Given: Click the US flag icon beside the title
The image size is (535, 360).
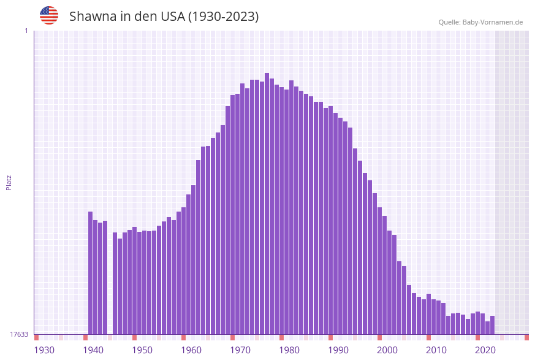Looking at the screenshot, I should click(x=49, y=15).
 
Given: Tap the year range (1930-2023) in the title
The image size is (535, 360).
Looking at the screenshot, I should click(x=223, y=17).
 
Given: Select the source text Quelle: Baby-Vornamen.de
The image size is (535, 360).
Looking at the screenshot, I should click(x=480, y=22).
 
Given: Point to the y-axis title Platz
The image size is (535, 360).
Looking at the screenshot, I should click(x=9, y=182).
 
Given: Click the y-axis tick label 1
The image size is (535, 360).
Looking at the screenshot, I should click(x=26, y=31).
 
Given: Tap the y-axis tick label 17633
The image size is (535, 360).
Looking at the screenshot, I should click(x=19, y=334).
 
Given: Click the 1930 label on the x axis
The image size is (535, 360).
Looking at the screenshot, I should click(x=44, y=350).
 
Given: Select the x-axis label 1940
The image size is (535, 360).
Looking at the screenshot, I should click(x=93, y=350).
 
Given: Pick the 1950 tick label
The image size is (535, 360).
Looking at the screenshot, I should click(x=142, y=350).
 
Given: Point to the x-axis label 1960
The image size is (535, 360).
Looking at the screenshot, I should click(x=191, y=350).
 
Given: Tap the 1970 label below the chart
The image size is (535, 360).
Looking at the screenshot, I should click(x=240, y=350).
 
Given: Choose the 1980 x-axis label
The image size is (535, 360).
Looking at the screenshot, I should click(x=289, y=350).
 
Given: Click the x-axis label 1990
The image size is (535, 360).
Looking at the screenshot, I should click(x=338, y=350).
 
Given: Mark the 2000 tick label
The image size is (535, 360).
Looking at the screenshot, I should click(x=387, y=350).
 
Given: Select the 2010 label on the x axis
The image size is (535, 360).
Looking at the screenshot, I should click(x=436, y=350).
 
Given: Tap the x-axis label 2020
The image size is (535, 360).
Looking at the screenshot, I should click(x=485, y=350).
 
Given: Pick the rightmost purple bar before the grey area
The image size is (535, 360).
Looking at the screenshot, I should click(x=493, y=325).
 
